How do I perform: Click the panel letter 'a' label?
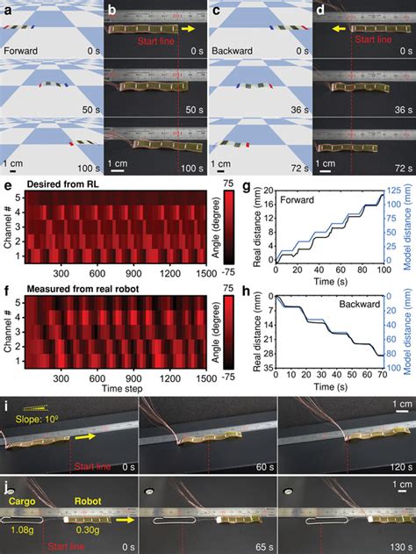click(x=5, y=11)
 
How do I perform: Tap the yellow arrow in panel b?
click(x=189, y=28)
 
